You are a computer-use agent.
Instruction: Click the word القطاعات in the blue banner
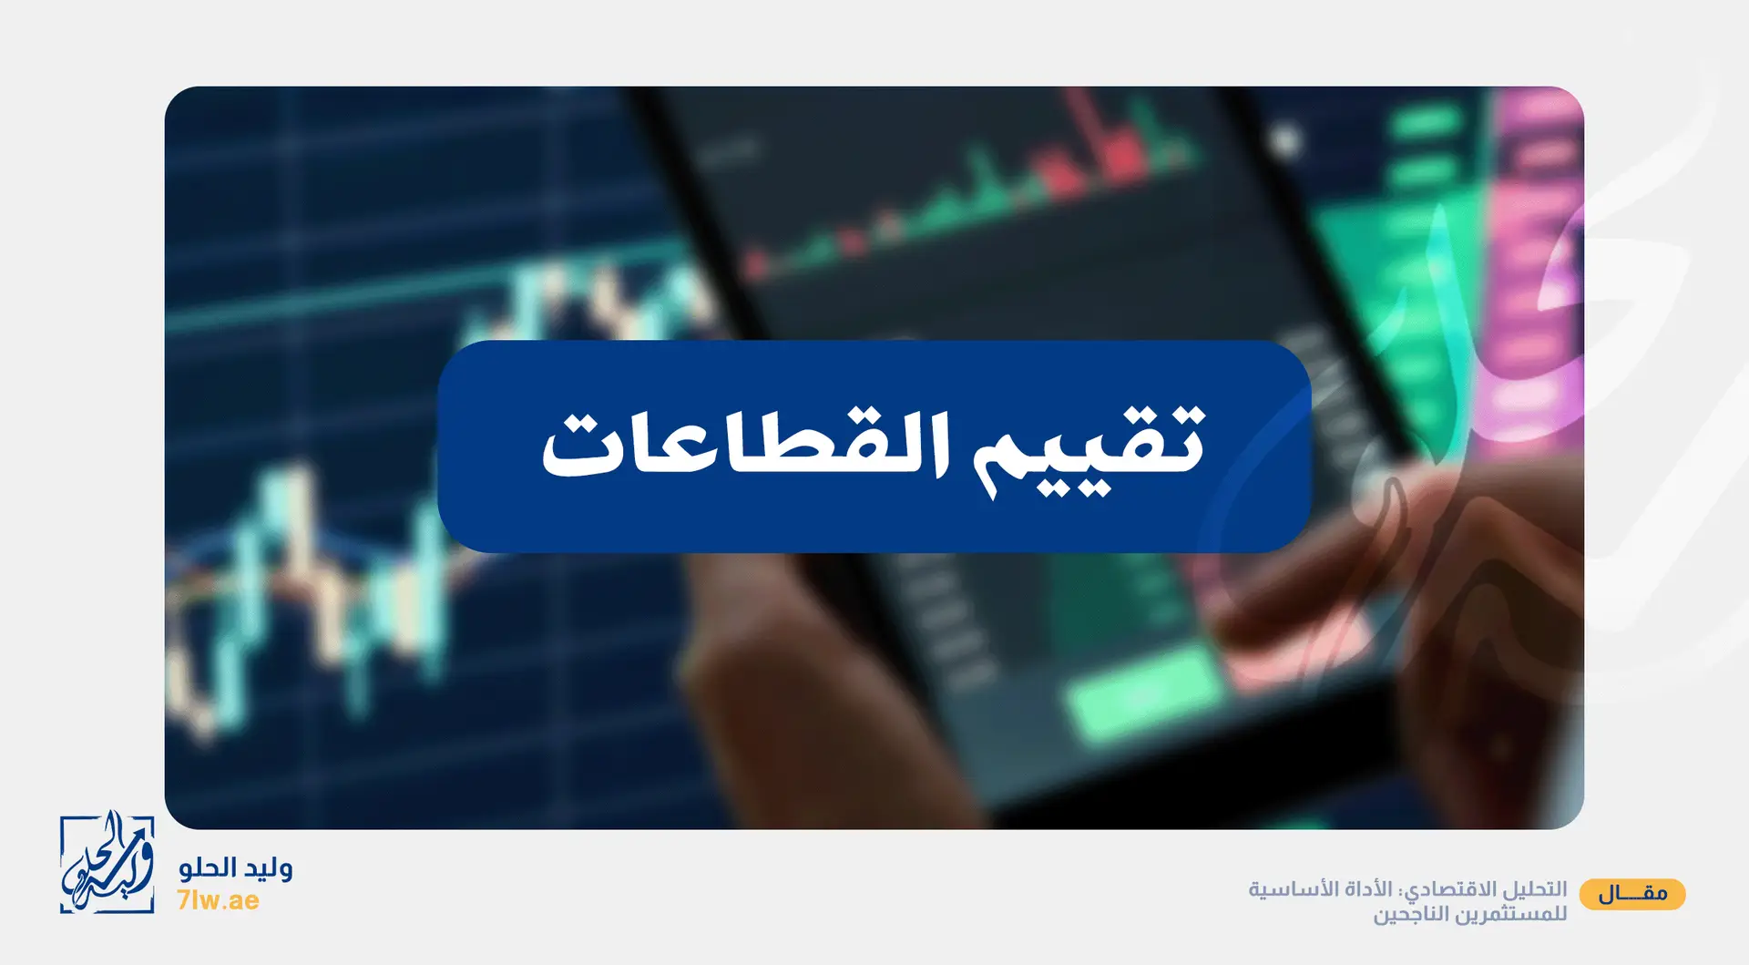pos(746,444)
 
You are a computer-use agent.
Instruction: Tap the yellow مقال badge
pos(1632,894)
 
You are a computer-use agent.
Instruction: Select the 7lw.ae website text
pos(219,900)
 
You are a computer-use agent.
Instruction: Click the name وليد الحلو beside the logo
pos(236,868)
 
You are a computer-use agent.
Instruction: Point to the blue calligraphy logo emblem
pos(107,861)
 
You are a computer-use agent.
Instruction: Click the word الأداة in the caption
pos(1361,888)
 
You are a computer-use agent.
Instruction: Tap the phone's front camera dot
pos(1284,140)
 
